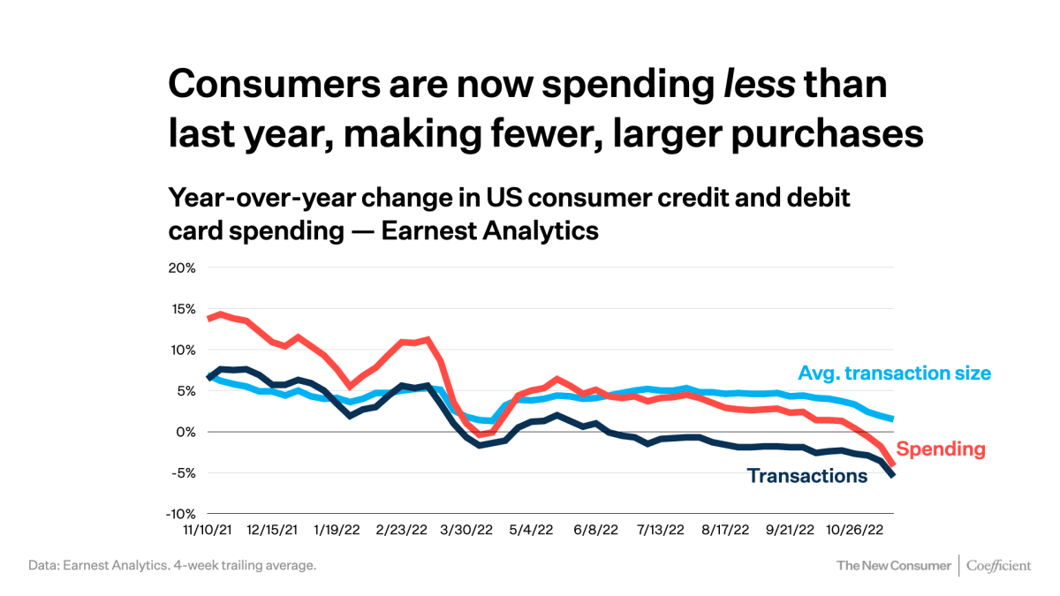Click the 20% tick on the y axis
(x=181, y=268)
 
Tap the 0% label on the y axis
(x=185, y=432)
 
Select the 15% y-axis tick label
(x=182, y=309)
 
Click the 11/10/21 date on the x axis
(x=209, y=531)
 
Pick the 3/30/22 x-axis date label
(x=466, y=531)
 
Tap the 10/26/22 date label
(x=854, y=531)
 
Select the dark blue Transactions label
(x=806, y=477)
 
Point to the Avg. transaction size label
(x=894, y=373)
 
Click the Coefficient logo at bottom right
(x=998, y=565)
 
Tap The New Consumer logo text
(x=893, y=565)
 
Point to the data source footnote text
(x=171, y=565)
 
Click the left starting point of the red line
(x=209, y=318)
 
